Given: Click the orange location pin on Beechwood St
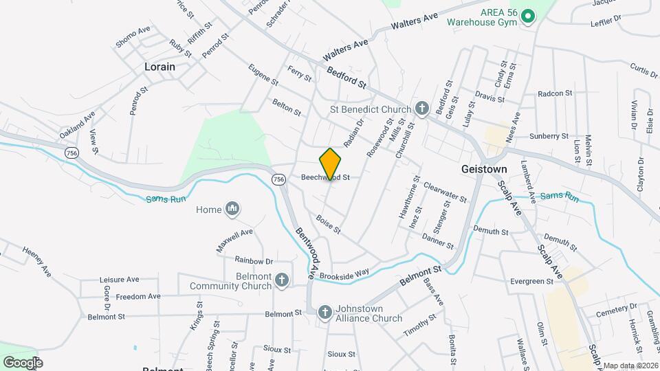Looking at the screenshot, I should [330, 164].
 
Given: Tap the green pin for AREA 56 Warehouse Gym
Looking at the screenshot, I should [527, 16].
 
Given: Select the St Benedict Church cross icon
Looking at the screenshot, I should [421, 109].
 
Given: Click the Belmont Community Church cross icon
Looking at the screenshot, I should [280, 280].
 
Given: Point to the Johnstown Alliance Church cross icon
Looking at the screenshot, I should [325, 313].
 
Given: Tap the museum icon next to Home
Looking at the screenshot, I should [232, 209].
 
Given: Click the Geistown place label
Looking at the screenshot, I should [484, 169].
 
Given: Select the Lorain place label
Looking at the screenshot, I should [159, 67].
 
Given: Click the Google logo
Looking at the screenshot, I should [23, 362].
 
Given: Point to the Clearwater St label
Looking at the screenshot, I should [445, 192].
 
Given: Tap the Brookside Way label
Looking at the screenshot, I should [349, 273].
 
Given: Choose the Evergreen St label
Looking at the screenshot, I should [532, 282].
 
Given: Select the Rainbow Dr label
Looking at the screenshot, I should [254, 260].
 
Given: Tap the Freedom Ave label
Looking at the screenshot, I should [137, 297].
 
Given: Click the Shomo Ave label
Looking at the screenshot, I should [133, 36].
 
